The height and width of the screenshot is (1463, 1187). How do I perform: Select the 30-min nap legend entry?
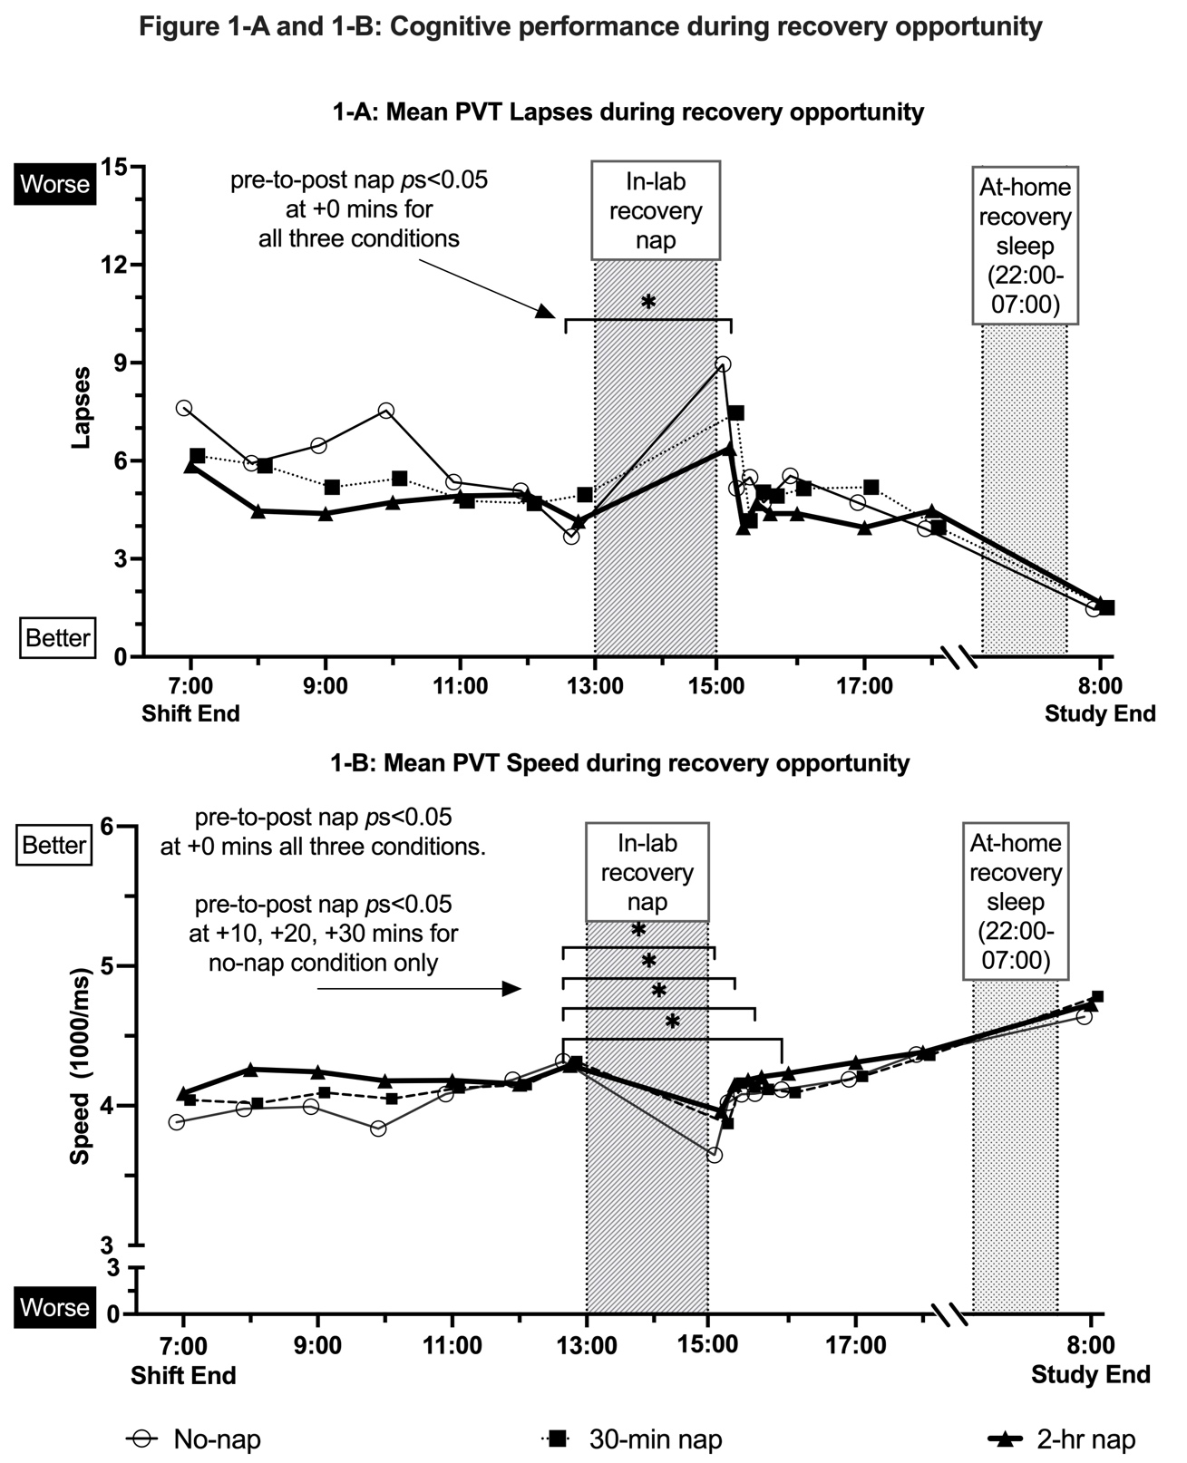point(635,1439)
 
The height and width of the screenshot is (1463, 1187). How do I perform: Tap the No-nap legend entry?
point(196,1439)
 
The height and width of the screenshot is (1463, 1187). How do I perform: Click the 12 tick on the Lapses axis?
point(117,265)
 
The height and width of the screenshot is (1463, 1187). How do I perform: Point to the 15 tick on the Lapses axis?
point(117,167)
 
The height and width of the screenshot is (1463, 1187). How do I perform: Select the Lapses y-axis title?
point(82,407)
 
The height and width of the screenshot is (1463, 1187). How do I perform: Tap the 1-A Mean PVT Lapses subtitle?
point(628,112)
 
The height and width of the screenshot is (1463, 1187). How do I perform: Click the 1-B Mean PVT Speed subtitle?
point(619,763)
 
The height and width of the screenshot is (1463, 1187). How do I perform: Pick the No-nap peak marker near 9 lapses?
point(723,364)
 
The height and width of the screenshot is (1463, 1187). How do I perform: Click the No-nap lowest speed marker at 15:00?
point(714,1155)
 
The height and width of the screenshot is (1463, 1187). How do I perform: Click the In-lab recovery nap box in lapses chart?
point(656,210)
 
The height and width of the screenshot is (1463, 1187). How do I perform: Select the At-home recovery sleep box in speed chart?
point(1016,902)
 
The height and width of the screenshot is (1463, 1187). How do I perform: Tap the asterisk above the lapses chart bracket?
point(647,302)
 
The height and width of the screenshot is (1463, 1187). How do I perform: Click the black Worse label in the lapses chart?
point(55,185)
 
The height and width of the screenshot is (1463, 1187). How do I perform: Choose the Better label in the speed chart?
point(54,846)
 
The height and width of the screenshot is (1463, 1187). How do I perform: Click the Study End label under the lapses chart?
point(1100,714)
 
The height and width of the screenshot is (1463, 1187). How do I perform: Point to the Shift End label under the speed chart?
point(183,1376)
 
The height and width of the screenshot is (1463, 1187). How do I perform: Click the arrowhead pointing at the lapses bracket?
point(545,312)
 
